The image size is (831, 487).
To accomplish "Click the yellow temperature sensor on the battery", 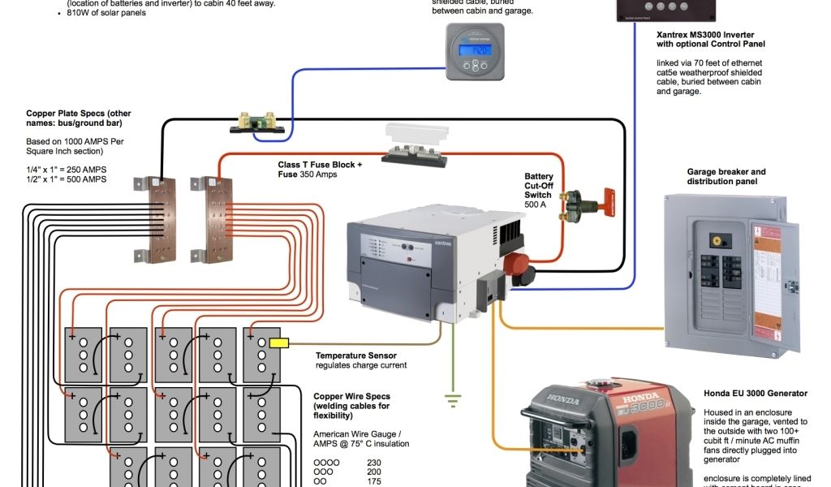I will [279, 343].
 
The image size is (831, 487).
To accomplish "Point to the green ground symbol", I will [453, 399].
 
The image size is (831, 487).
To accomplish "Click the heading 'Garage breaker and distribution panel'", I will [726, 177].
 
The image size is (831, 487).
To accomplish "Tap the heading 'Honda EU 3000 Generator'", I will [756, 393].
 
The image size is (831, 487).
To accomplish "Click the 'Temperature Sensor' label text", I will [355, 356].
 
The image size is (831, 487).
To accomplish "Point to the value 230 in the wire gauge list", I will [374, 463].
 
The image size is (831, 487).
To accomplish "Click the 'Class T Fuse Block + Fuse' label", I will [320, 170].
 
